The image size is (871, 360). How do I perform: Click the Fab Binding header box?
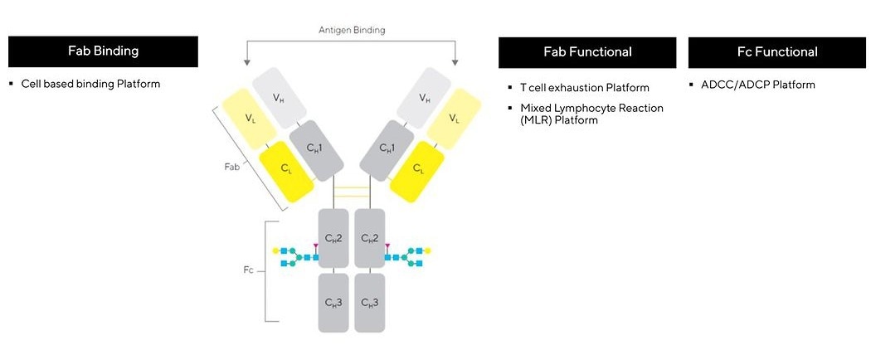(103, 51)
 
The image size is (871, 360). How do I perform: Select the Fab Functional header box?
(587, 52)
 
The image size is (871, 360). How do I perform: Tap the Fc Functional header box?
(777, 52)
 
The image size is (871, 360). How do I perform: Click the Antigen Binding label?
(352, 30)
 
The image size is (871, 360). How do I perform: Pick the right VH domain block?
(424, 99)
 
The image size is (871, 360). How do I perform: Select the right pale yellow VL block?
(454, 118)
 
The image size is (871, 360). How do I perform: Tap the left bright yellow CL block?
(285, 168)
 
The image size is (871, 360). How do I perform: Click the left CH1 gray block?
(318, 148)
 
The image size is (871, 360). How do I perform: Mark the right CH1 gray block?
(387, 148)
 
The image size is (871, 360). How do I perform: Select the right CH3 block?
(370, 302)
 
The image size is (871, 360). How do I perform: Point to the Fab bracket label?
(232, 167)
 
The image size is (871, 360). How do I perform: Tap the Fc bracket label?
(249, 269)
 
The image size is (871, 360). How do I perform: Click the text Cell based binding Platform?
(90, 84)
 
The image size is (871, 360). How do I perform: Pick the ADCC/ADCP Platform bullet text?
(757, 85)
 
